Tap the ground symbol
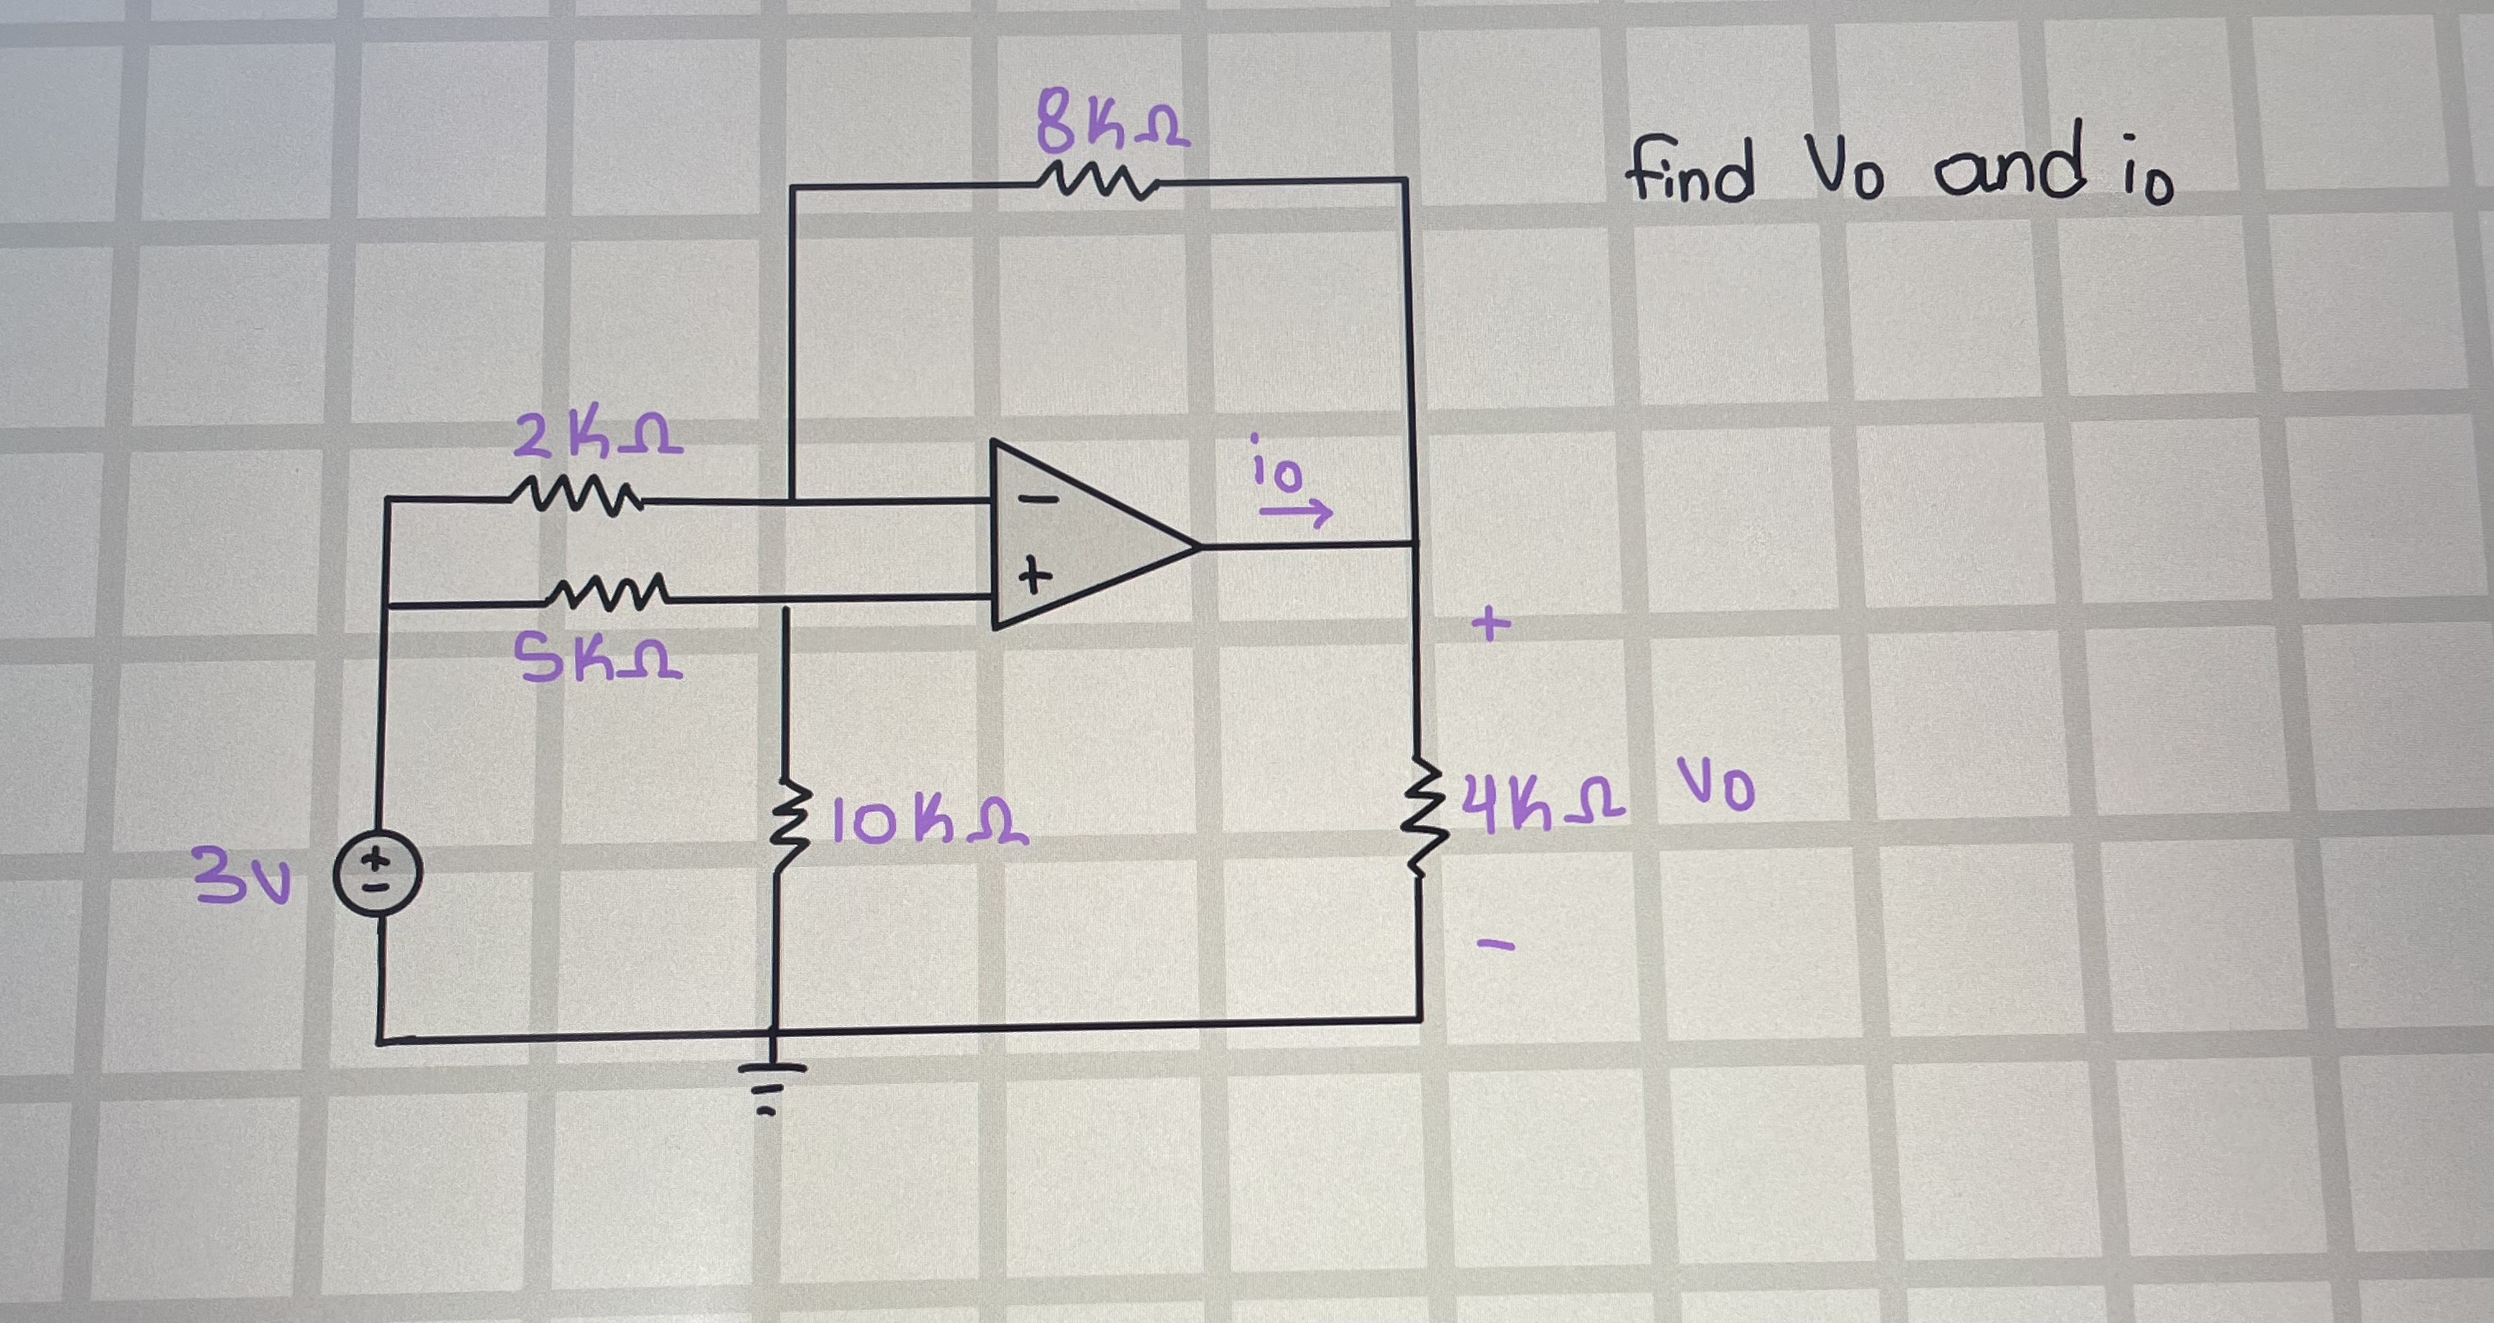coord(773,1084)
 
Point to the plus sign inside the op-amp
coord(1034,578)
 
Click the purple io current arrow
coord(1296,513)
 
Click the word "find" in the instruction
coord(1688,172)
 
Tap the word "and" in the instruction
coord(2010,169)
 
